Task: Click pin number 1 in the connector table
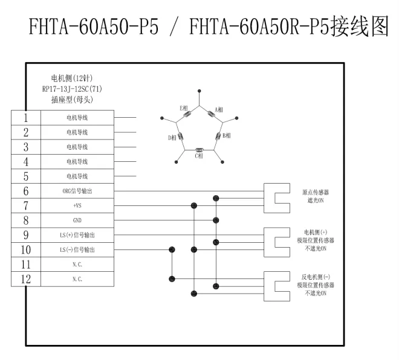click(26, 117)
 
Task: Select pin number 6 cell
click(26, 191)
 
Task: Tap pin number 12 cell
click(26, 279)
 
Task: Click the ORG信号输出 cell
click(77, 191)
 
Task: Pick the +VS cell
click(77, 205)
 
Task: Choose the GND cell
click(77, 220)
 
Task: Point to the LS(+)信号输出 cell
click(77, 235)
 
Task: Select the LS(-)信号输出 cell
click(77, 249)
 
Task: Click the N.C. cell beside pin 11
click(77, 265)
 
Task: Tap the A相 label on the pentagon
click(219, 109)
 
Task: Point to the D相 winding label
click(172, 138)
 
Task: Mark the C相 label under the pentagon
click(198, 156)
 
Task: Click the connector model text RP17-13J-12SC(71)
click(72, 89)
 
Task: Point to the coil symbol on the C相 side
click(198, 148)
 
